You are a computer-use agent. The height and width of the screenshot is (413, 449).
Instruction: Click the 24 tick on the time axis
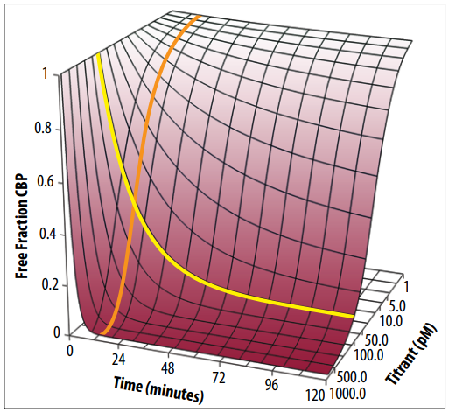(x=119, y=360)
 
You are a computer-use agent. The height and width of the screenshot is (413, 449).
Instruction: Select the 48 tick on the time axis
(x=168, y=368)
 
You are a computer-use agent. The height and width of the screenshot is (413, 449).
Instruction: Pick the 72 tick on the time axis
(x=219, y=377)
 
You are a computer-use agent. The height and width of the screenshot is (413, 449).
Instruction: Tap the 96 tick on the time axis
(x=271, y=385)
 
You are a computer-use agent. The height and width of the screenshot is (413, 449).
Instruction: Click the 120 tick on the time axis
(x=315, y=395)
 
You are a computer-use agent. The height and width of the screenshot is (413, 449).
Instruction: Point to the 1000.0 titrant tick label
(x=347, y=395)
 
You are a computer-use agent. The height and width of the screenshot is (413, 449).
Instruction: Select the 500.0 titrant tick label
(x=352, y=377)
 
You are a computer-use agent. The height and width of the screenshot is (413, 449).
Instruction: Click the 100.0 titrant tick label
(x=368, y=355)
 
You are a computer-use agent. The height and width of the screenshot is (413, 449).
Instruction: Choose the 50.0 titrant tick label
(x=376, y=340)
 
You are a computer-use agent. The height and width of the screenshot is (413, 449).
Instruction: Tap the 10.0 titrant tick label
(x=390, y=322)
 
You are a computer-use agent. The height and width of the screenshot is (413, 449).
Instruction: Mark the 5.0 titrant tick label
(x=396, y=307)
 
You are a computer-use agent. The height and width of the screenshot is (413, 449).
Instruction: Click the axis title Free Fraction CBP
(x=22, y=227)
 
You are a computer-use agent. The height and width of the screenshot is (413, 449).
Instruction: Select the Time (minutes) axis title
(x=158, y=389)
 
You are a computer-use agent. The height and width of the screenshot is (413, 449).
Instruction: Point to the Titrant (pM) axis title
(x=412, y=353)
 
